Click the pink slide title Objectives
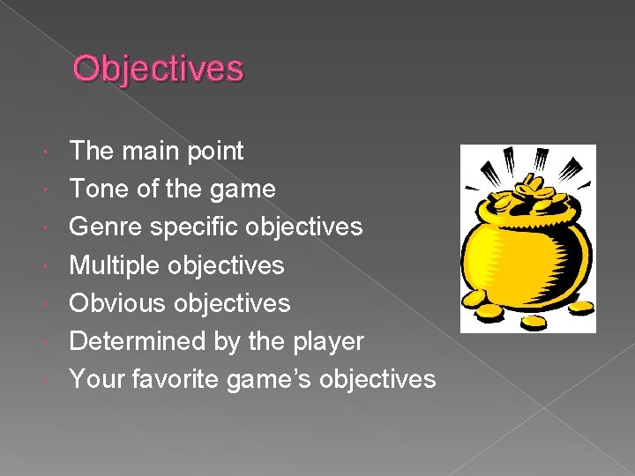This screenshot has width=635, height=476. [x=158, y=69]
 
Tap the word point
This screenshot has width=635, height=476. [x=216, y=151]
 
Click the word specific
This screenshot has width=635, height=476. [x=193, y=227]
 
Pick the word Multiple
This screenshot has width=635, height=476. [x=115, y=264]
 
